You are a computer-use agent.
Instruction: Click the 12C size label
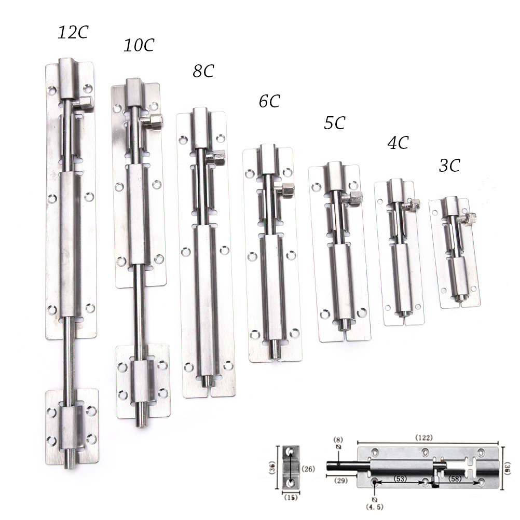(73, 32)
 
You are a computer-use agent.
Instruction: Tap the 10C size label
(139, 45)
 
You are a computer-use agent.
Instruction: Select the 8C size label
(203, 71)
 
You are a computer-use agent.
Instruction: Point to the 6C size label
(269, 101)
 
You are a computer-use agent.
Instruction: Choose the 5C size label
(335, 122)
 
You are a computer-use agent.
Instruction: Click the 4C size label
(398, 143)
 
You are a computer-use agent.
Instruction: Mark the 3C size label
(450, 165)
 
